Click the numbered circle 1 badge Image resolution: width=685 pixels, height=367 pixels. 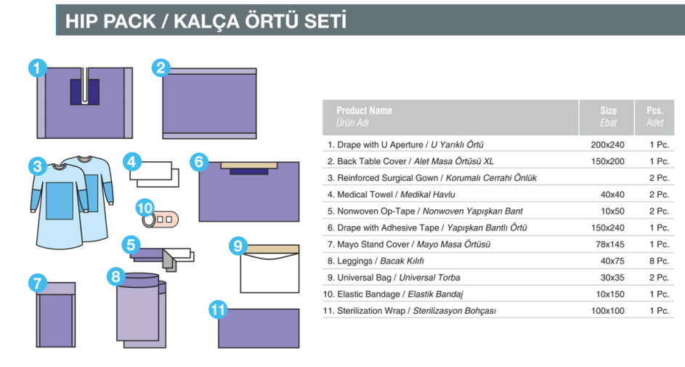38,68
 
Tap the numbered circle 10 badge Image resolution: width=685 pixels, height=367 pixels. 145,208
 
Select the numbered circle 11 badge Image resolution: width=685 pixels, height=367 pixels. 218,310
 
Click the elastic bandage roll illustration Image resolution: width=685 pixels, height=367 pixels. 161,219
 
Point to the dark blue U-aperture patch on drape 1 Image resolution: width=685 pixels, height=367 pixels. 85,92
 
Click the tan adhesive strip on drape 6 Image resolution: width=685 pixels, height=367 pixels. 249,166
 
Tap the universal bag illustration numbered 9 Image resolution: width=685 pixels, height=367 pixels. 269,269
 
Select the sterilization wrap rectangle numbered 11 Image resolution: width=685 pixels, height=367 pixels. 259,328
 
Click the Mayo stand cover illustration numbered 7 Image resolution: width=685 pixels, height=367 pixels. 56,315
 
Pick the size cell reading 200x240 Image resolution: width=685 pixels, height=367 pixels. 608,145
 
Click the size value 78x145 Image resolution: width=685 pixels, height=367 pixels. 610,244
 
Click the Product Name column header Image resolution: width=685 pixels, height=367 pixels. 364,110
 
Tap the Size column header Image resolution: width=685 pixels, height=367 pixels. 608,110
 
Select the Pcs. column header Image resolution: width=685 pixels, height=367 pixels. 655,110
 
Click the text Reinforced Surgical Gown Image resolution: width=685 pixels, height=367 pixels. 387,178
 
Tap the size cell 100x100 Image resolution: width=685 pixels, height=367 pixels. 608,310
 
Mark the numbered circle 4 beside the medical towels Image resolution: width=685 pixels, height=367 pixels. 131,162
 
